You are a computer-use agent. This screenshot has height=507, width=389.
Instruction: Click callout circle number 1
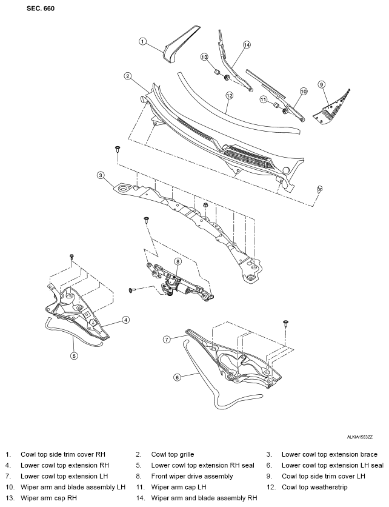[x=142, y=41]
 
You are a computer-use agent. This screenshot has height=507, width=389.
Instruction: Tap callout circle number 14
[x=247, y=45]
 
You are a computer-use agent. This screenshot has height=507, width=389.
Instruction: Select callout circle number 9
[x=321, y=85]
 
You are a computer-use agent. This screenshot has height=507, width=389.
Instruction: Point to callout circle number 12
[x=229, y=96]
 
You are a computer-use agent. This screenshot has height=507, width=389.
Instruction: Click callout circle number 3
[x=101, y=175]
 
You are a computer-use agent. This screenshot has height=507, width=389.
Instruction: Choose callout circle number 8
[x=178, y=261]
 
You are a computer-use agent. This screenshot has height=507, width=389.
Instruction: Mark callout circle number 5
[x=74, y=355]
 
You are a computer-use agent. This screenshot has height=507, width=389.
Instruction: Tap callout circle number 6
[x=177, y=377]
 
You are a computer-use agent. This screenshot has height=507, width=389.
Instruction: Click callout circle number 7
[x=167, y=340]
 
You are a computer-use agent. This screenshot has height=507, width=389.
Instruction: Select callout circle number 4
[x=125, y=320]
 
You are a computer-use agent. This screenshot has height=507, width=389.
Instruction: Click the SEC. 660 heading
[x=41, y=8]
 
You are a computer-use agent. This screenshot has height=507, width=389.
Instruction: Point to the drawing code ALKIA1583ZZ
[x=360, y=437]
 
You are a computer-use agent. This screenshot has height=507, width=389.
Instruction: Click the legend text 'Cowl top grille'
[x=173, y=454]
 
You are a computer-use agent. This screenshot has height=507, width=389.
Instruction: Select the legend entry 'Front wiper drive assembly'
[x=192, y=476]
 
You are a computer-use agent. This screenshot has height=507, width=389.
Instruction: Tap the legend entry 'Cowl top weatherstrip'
[x=314, y=487]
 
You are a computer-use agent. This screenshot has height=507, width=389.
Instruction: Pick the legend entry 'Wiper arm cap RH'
[x=49, y=498]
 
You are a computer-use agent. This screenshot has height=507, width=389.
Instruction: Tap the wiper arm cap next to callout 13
[x=218, y=72]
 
